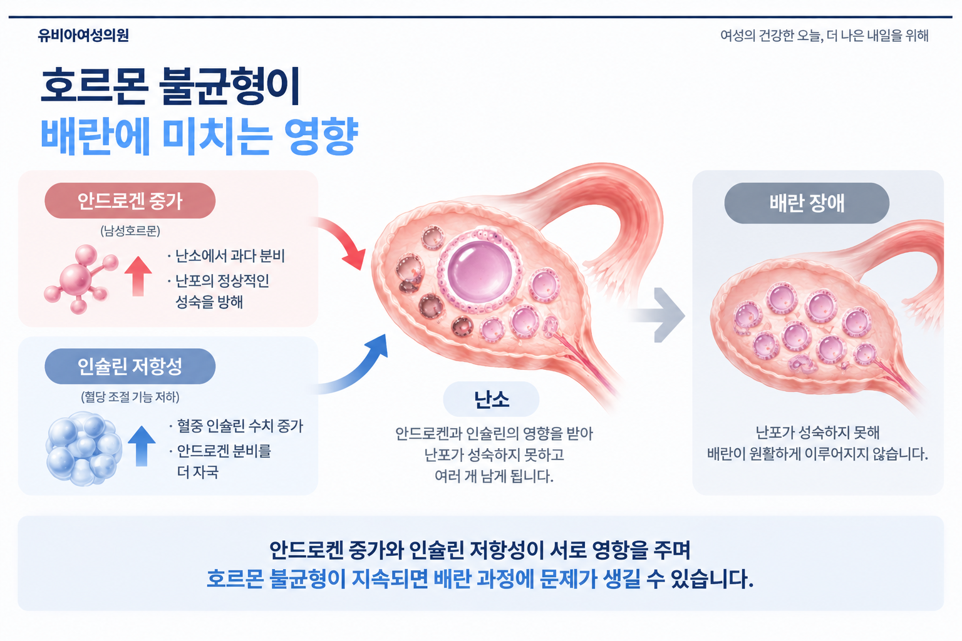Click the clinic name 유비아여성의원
point(83,35)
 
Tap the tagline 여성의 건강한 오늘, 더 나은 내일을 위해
point(824,36)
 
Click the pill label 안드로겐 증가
point(130,201)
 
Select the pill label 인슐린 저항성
point(130,366)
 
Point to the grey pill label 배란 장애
point(807,203)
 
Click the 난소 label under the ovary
point(491,399)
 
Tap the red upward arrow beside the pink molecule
point(138,276)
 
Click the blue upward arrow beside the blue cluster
point(142,446)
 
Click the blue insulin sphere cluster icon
point(84,449)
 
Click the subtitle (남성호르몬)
point(130,232)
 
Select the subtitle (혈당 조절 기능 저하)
point(130,397)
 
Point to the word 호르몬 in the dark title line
point(95,85)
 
